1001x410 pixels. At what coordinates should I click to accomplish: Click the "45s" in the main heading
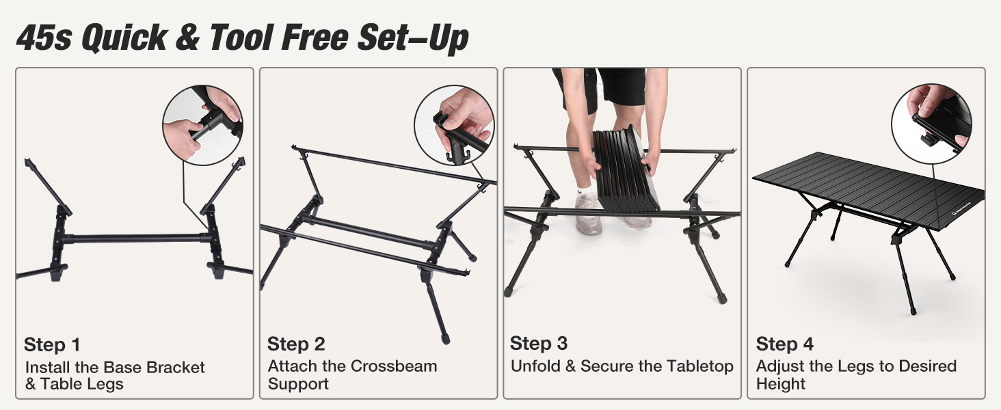tap(43, 38)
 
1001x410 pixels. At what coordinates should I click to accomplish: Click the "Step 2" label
tap(296, 344)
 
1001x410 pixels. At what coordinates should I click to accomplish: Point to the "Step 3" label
tap(539, 343)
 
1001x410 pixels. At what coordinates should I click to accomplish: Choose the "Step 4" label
tap(784, 344)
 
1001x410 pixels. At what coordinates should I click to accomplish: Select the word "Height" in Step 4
tap(781, 384)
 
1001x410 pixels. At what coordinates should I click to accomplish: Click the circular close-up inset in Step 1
tap(202, 124)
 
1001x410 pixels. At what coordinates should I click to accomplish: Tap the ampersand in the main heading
tap(186, 38)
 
